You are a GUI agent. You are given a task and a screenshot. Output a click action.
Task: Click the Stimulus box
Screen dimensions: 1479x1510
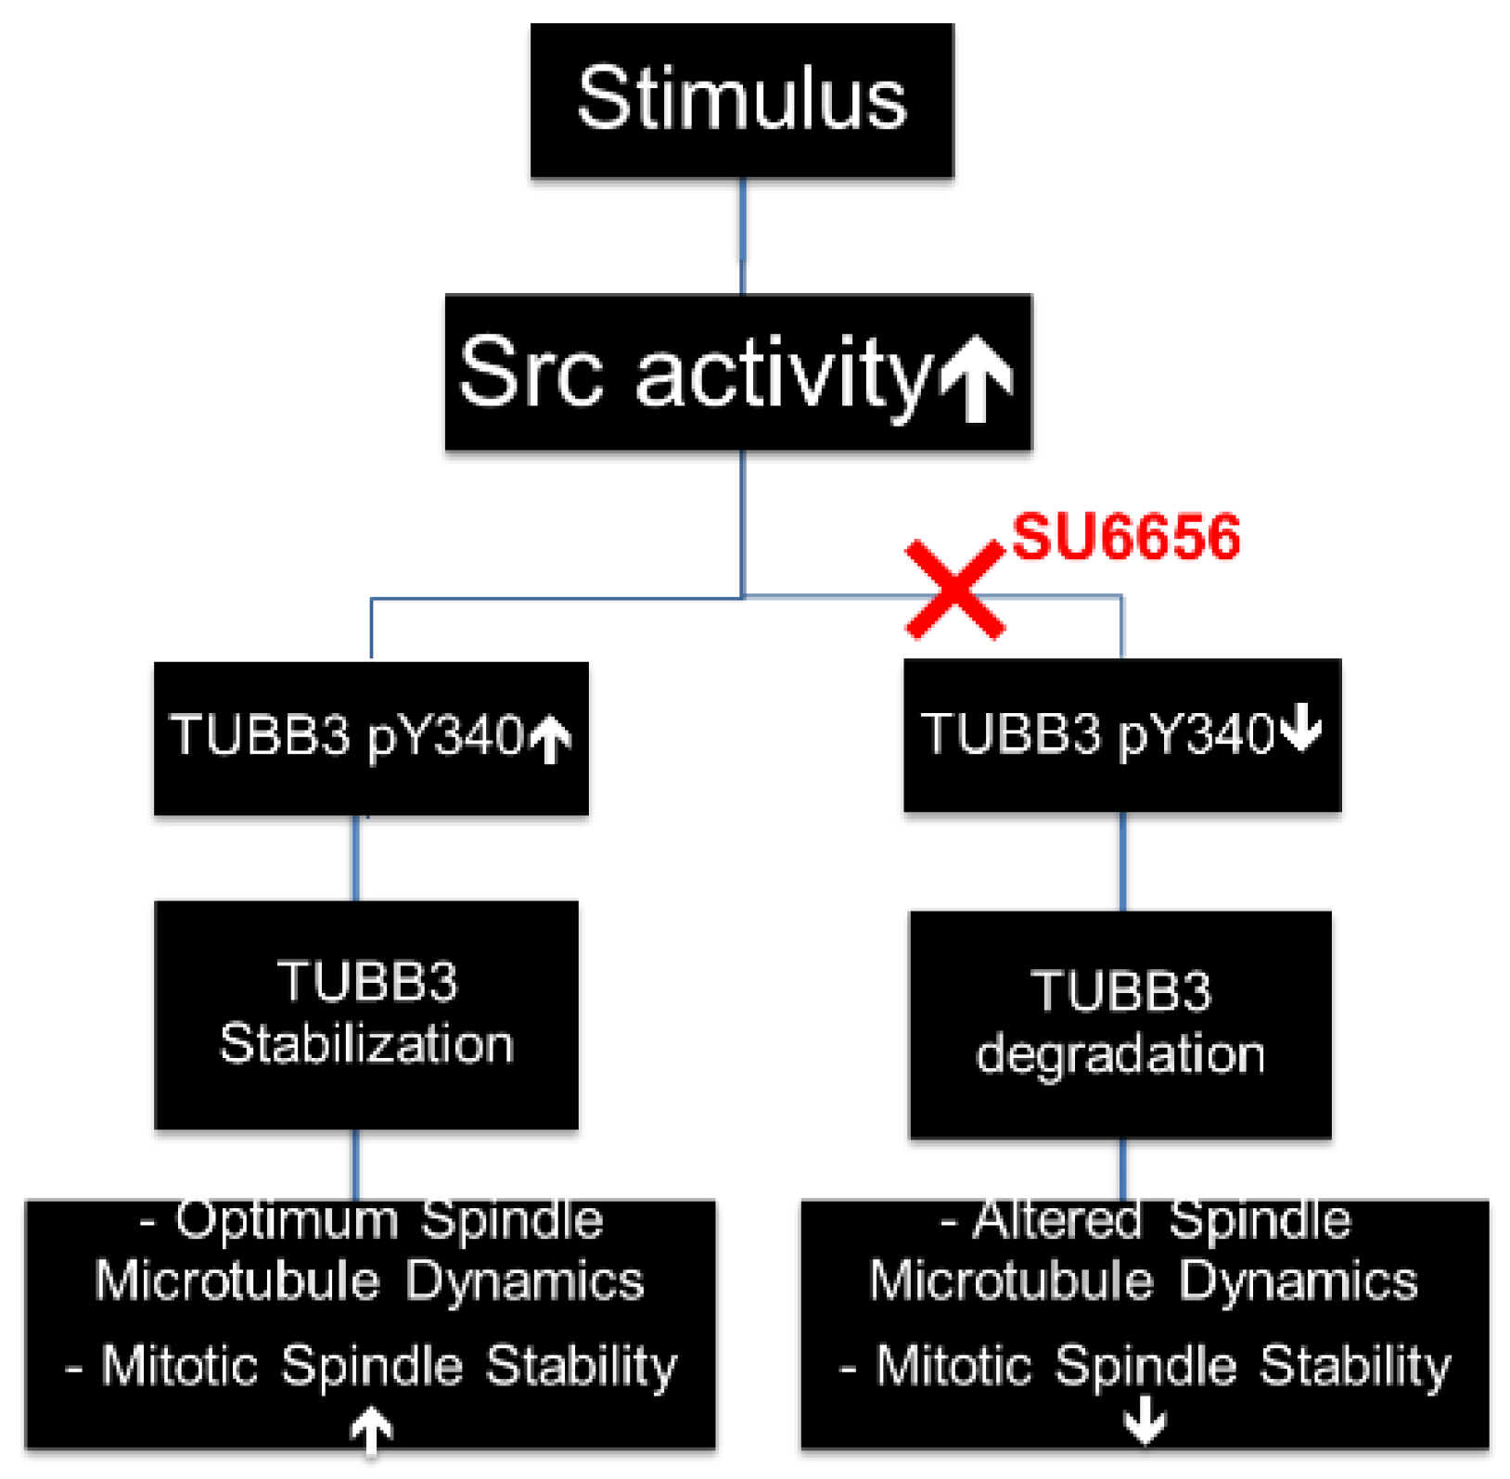pos(741,100)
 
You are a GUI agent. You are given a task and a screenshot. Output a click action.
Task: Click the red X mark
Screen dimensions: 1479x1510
pos(954,591)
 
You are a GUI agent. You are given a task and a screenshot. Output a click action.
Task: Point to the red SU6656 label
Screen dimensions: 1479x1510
pos(1125,537)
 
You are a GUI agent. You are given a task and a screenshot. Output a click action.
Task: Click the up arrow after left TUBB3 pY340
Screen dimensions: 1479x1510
pos(551,739)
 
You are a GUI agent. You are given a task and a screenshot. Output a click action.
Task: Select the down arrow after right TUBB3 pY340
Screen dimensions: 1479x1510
pos(1301,728)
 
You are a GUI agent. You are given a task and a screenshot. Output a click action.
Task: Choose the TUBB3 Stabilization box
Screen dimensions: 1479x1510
pos(366,1014)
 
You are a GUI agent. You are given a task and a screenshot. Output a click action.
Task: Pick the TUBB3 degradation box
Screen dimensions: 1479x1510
pos(1120,1024)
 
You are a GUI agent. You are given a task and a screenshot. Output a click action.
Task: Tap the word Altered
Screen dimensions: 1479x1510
pos(1056,1221)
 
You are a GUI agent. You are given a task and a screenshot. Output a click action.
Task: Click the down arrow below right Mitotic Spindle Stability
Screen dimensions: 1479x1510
pos(1145,1420)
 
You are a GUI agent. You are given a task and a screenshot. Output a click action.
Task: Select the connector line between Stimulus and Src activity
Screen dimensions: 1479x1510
pos(742,236)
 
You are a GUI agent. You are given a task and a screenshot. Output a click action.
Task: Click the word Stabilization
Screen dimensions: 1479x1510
pos(366,1044)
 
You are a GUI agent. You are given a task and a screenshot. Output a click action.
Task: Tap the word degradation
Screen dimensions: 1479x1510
pos(1120,1055)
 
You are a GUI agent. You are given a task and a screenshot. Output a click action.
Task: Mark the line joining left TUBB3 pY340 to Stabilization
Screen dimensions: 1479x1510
pos(356,858)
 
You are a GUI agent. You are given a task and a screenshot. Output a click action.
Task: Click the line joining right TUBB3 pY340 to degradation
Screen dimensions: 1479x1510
pos(1122,861)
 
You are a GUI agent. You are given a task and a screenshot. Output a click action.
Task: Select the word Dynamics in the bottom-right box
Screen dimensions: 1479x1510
pos(1298,1282)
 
